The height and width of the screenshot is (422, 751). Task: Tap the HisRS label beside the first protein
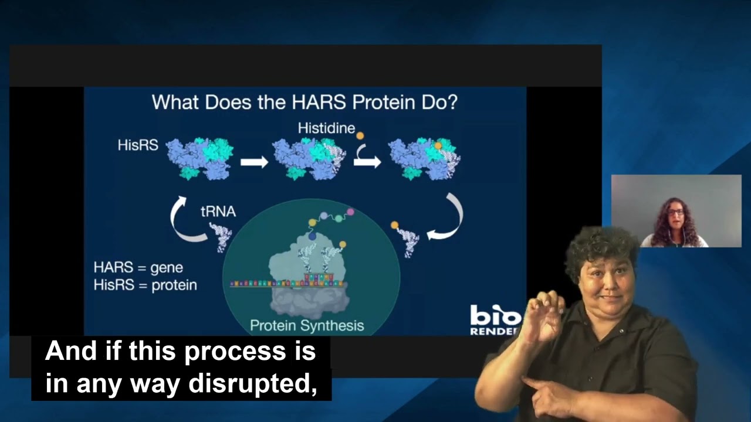(x=138, y=145)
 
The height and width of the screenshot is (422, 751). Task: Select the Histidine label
(x=326, y=128)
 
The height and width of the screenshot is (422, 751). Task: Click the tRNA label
(x=218, y=211)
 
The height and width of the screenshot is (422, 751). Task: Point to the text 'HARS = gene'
(x=138, y=268)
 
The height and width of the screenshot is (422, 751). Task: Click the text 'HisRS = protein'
(x=145, y=285)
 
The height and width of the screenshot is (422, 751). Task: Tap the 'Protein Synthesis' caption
(x=307, y=325)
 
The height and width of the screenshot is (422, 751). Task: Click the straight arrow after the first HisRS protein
(x=254, y=162)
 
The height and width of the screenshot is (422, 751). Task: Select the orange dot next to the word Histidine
(x=360, y=135)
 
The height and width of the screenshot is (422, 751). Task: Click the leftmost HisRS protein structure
(x=199, y=158)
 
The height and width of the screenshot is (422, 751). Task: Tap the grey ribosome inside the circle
(x=308, y=275)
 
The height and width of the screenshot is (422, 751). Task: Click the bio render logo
(x=495, y=320)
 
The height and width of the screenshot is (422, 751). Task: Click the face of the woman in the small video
(x=676, y=214)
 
